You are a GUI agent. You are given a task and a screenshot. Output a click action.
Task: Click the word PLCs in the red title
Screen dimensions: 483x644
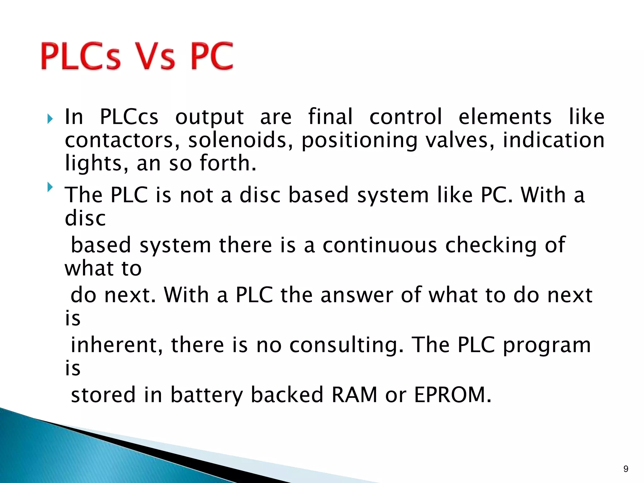pyautogui.click(x=80, y=56)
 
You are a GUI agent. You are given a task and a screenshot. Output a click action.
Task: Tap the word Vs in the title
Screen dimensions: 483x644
pyautogui.click(x=154, y=56)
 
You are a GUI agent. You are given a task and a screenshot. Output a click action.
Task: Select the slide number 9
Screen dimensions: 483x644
pyautogui.click(x=626, y=469)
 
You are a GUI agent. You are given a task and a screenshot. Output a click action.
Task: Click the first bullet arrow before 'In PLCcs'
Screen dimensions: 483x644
pyautogui.click(x=50, y=119)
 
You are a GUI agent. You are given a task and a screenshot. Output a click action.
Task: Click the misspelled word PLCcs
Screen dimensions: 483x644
pyautogui.click(x=129, y=117)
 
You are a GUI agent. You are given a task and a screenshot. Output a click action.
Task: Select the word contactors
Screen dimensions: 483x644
pyautogui.click(x=119, y=140)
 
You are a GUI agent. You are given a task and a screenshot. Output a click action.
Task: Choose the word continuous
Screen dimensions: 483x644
pyautogui.click(x=380, y=245)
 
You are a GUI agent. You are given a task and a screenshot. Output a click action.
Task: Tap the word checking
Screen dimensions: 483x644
pyautogui.click(x=491, y=246)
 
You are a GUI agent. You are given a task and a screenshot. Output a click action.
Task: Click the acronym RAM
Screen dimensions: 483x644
pyautogui.click(x=354, y=395)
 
